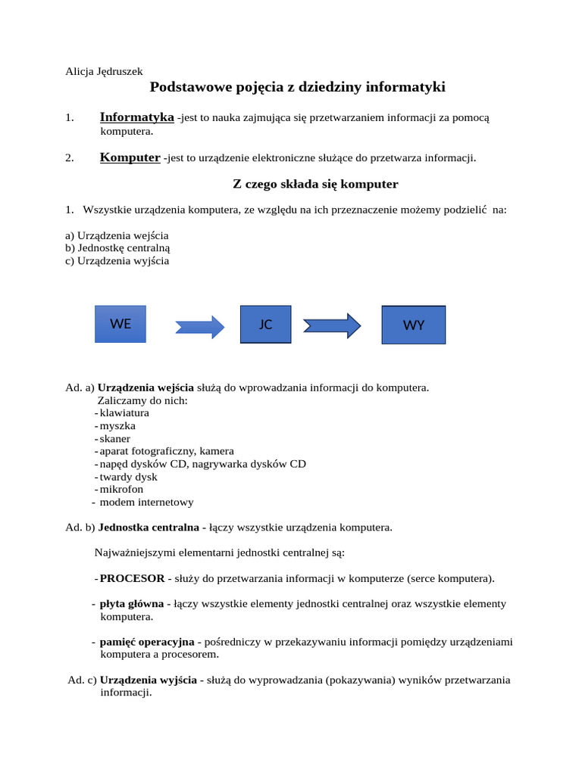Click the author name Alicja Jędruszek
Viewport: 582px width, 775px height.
[x=104, y=72]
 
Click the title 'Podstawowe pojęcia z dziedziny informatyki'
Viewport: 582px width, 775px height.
[x=297, y=87]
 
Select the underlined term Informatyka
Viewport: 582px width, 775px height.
[x=136, y=117]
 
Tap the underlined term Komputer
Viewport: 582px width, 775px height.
[x=130, y=157]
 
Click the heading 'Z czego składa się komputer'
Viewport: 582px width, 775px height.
[x=314, y=184]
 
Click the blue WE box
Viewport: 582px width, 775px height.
[x=120, y=324]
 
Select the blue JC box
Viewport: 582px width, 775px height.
[x=265, y=324]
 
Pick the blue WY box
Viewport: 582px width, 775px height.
[x=413, y=325]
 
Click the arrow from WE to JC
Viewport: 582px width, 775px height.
[x=200, y=327]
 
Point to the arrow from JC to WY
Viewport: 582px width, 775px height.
[x=332, y=325]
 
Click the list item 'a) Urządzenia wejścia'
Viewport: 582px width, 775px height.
[x=117, y=235]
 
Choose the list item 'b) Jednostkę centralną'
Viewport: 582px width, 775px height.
[x=117, y=248]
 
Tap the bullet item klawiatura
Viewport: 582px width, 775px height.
[x=124, y=413]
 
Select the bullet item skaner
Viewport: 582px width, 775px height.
[x=115, y=439]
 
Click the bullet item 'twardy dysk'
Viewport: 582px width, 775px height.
[x=129, y=477]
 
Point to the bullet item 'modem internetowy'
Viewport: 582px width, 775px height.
[x=146, y=502]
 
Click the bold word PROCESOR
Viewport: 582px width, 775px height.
[x=132, y=578]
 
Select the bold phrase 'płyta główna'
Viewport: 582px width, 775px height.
[x=132, y=604]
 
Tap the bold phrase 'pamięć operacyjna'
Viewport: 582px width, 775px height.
[x=147, y=642]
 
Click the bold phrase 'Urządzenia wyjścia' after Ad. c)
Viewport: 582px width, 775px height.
[x=149, y=680]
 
